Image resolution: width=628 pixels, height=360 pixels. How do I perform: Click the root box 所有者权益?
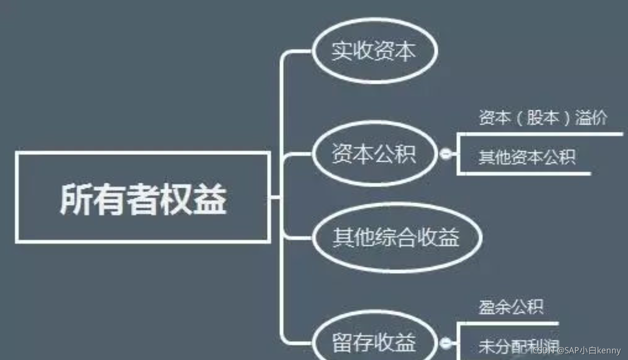[x=143, y=198]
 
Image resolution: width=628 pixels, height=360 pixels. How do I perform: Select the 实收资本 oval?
[x=374, y=51]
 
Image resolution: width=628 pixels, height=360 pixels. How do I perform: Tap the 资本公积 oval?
[x=374, y=154]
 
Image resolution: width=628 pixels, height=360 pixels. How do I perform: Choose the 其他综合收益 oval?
[x=396, y=238]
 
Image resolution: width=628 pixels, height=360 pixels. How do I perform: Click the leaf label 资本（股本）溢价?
[x=543, y=118]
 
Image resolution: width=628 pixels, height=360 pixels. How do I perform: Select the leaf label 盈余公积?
[x=511, y=307]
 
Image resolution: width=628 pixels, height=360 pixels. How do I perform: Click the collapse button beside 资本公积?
[x=445, y=154]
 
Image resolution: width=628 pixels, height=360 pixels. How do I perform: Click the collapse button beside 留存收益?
[x=445, y=343]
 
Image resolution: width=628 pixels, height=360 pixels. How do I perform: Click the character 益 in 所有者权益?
[x=211, y=199]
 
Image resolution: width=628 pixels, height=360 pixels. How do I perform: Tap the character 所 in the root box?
[x=75, y=199]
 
